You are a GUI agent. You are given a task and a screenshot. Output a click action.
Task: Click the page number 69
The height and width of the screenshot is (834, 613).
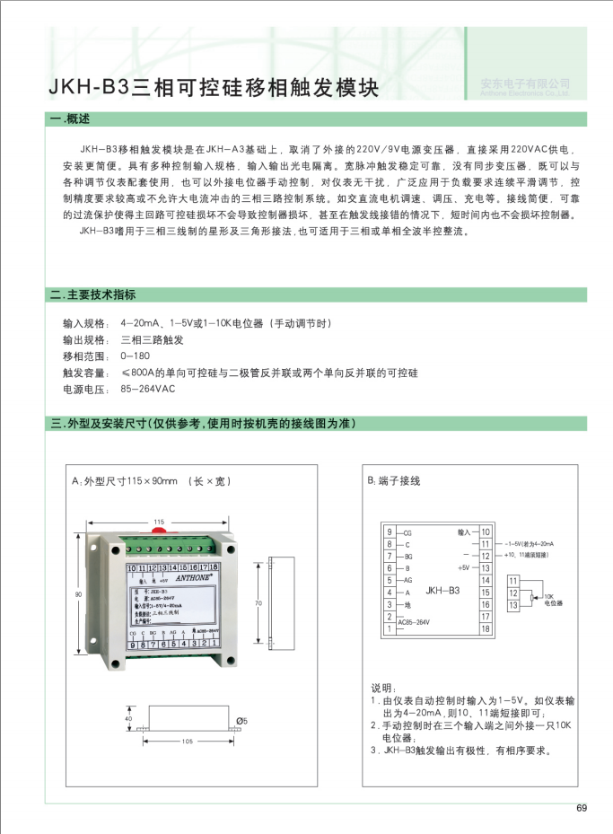(582, 808)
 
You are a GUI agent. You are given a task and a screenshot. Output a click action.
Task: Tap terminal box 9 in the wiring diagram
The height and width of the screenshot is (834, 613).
(389, 532)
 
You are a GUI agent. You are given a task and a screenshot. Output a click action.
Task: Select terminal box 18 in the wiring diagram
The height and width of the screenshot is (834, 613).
(486, 628)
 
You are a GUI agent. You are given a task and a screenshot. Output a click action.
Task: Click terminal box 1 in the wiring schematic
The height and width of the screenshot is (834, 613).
(389, 628)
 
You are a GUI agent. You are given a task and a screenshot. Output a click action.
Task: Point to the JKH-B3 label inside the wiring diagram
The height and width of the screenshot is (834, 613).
(442, 591)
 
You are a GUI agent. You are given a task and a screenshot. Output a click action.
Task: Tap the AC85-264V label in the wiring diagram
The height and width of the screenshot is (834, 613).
(414, 621)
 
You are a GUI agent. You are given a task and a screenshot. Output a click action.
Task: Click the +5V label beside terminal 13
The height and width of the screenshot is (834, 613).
(463, 568)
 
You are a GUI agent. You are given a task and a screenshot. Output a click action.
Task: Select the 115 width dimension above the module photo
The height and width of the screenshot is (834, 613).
(159, 522)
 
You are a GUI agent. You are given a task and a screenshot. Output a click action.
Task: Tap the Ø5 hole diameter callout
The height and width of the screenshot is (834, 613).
(241, 721)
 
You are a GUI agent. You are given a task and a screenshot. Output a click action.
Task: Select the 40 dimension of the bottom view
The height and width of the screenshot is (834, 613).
(128, 719)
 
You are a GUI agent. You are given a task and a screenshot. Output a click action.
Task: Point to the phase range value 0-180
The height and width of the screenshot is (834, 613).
(135, 356)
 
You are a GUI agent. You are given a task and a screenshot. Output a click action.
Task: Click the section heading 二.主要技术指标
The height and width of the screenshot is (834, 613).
(94, 294)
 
